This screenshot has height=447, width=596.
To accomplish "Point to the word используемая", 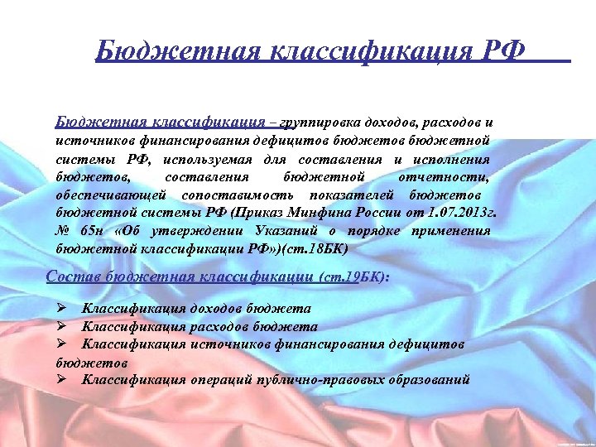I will click(208, 158).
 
